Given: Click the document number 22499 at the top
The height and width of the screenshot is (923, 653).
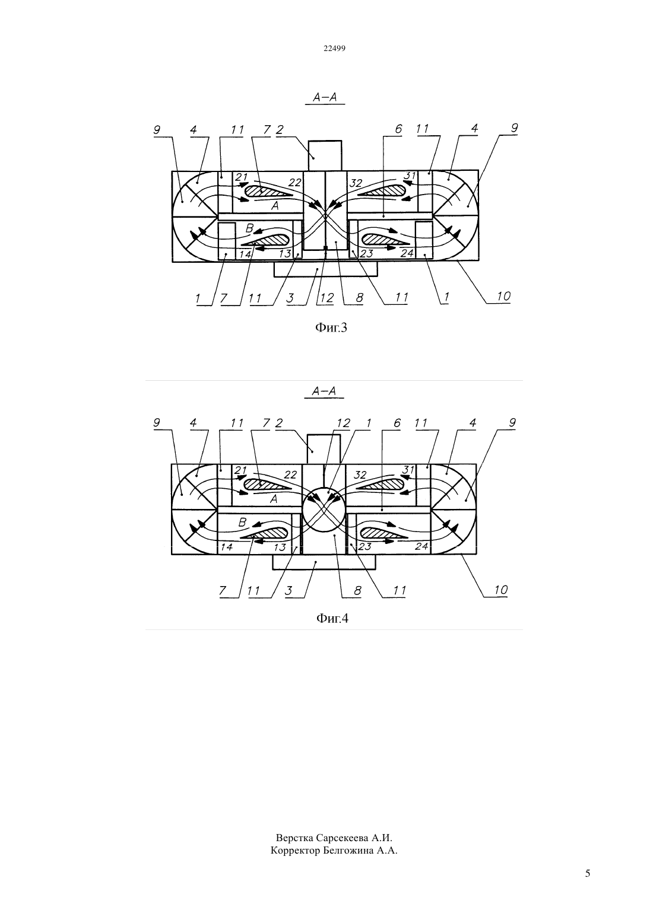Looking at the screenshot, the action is (334, 49).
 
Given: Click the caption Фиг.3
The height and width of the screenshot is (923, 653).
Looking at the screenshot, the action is (331, 327).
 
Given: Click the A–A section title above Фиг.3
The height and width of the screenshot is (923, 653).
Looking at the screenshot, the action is (325, 97).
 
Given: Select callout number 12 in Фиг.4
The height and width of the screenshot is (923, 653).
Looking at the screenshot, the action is (343, 423).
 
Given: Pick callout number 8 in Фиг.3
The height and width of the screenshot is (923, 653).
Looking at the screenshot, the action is (360, 298).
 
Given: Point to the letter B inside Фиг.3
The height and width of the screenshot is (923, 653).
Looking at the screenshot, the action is (249, 228).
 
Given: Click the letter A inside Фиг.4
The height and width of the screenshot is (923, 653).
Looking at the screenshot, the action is (273, 499).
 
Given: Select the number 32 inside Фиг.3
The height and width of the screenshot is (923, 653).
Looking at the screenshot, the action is (356, 183).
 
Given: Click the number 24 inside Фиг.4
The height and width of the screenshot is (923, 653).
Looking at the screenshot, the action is (421, 546).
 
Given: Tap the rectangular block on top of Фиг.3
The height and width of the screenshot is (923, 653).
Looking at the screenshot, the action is (325, 156).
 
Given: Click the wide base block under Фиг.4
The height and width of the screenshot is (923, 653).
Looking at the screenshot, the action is (324, 562).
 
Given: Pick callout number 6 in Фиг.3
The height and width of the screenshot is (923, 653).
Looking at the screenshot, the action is (398, 129).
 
